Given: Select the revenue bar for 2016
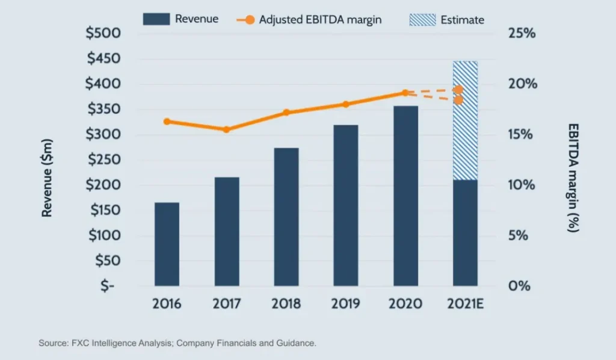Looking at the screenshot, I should tap(167, 244).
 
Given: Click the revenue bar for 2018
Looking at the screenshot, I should tap(286, 217).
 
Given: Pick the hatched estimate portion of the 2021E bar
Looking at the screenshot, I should tap(465, 120).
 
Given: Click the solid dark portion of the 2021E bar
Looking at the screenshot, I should tap(465, 232).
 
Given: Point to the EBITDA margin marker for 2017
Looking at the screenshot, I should tap(226, 129).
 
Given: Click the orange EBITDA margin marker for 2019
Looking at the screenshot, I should tap(345, 104).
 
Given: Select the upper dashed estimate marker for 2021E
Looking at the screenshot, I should tap(458, 89).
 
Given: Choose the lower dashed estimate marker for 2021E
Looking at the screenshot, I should tap(458, 100).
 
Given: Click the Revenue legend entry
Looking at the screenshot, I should tap(180, 19).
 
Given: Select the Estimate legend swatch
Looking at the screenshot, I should tap(422, 19).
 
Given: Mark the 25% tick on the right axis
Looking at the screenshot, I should tap(522, 33).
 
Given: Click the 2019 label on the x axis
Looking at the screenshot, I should tap(345, 303).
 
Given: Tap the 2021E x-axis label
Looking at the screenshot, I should tap(465, 303).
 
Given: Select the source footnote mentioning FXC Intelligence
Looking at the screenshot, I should tap(177, 343).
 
